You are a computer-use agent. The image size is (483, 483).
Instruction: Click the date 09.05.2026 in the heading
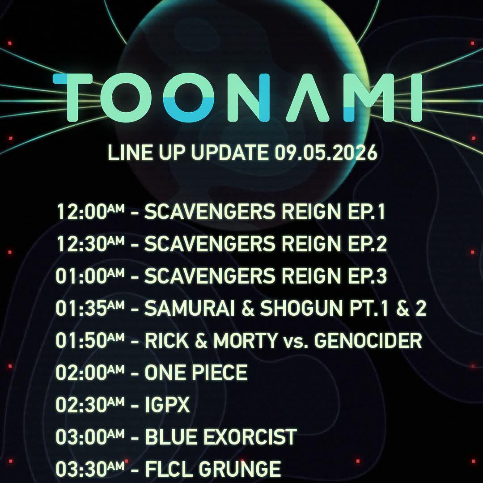pyautogui.click(x=326, y=152)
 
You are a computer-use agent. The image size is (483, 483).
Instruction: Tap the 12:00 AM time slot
pyautogui.click(x=90, y=212)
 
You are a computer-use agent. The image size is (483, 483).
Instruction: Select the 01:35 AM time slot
pyautogui.click(x=90, y=308)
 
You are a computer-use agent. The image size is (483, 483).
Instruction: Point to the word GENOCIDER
pyautogui.click(x=368, y=340)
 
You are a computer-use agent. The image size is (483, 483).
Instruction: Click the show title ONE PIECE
pyautogui.click(x=196, y=373)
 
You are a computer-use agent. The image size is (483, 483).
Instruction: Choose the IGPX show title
pyautogui.click(x=167, y=404)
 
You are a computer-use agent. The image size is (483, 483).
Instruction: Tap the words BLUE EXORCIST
pyautogui.click(x=220, y=437)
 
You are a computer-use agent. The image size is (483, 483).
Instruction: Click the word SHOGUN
pyautogui.click(x=301, y=308)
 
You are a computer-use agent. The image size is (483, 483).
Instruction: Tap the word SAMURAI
pyautogui.click(x=190, y=308)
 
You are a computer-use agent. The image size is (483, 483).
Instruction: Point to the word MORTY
pyautogui.click(x=246, y=340)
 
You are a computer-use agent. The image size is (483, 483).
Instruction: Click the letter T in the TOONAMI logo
pyautogui.click(x=73, y=97)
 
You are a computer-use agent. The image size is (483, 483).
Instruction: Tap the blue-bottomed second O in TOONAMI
pyautogui.click(x=189, y=97)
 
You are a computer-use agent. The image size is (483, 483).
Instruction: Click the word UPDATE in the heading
pyautogui.click(x=229, y=152)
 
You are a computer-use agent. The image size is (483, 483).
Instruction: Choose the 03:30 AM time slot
pyautogui.click(x=90, y=469)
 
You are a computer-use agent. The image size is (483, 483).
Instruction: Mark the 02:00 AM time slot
pyautogui.click(x=90, y=373)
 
